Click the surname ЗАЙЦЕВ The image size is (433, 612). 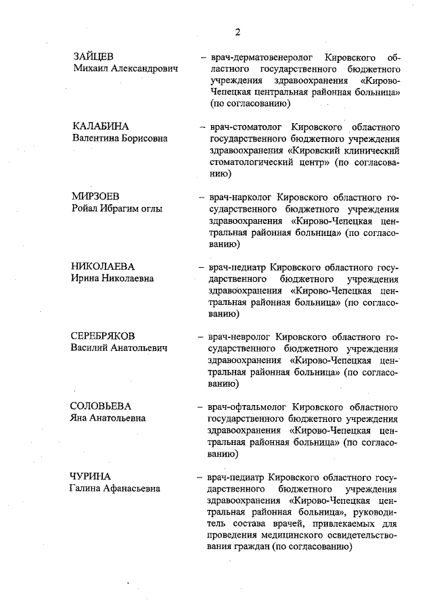pos(93,56)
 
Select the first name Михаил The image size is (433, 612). pos(87,69)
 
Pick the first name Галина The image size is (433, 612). pos(85,488)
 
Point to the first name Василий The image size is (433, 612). pos(88,348)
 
